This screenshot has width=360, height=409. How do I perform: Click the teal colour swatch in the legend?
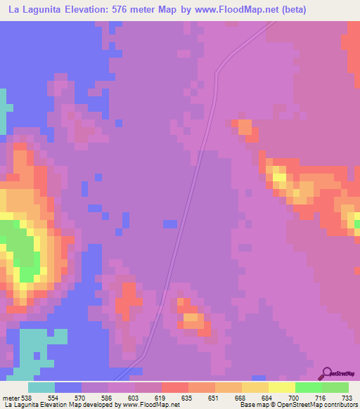click(x=41, y=387)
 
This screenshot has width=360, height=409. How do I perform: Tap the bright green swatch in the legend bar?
click(x=309, y=387)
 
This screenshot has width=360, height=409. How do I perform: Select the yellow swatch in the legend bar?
click(x=282, y=387)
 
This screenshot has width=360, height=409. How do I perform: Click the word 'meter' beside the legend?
click(x=11, y=398)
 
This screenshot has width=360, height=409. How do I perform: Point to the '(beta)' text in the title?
click(x=289, y=11)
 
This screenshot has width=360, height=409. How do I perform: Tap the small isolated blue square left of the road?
click(x=169, y=223)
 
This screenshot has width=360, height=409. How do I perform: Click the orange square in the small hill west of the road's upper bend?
click(x=245, y=127)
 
